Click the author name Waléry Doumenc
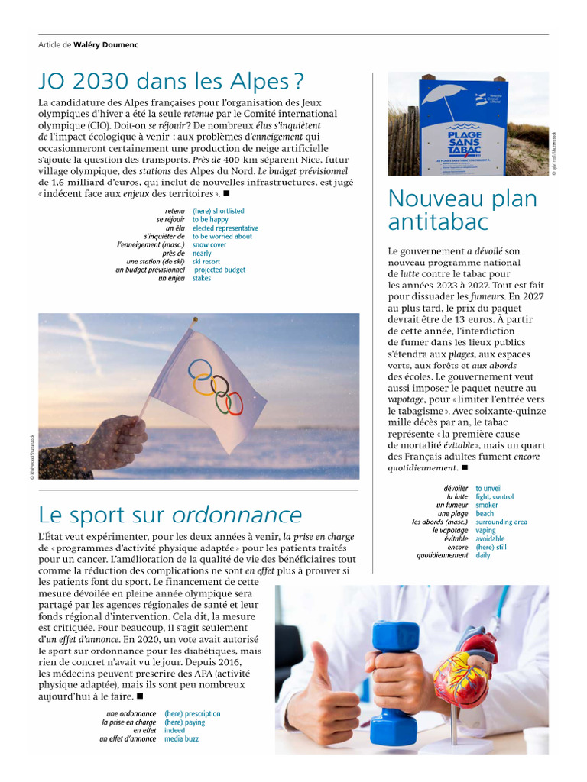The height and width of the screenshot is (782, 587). coord(106,44)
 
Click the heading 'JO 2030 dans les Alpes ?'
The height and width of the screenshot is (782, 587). coord(171,81)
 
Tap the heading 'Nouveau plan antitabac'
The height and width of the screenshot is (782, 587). coord(462,210)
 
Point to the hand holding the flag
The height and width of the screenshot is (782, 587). coord(115,441)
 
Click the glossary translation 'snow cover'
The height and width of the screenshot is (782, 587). coord(209,245)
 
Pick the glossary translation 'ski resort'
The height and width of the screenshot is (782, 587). coord(206,262)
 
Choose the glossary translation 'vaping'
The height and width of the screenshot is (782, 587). coord(490,530)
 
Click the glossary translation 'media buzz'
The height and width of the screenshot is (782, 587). coord(181,739)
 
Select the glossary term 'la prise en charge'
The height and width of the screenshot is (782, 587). coord(129,722)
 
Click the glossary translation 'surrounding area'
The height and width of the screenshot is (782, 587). coord(501,522)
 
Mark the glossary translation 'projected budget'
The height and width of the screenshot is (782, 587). coord(219,270)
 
